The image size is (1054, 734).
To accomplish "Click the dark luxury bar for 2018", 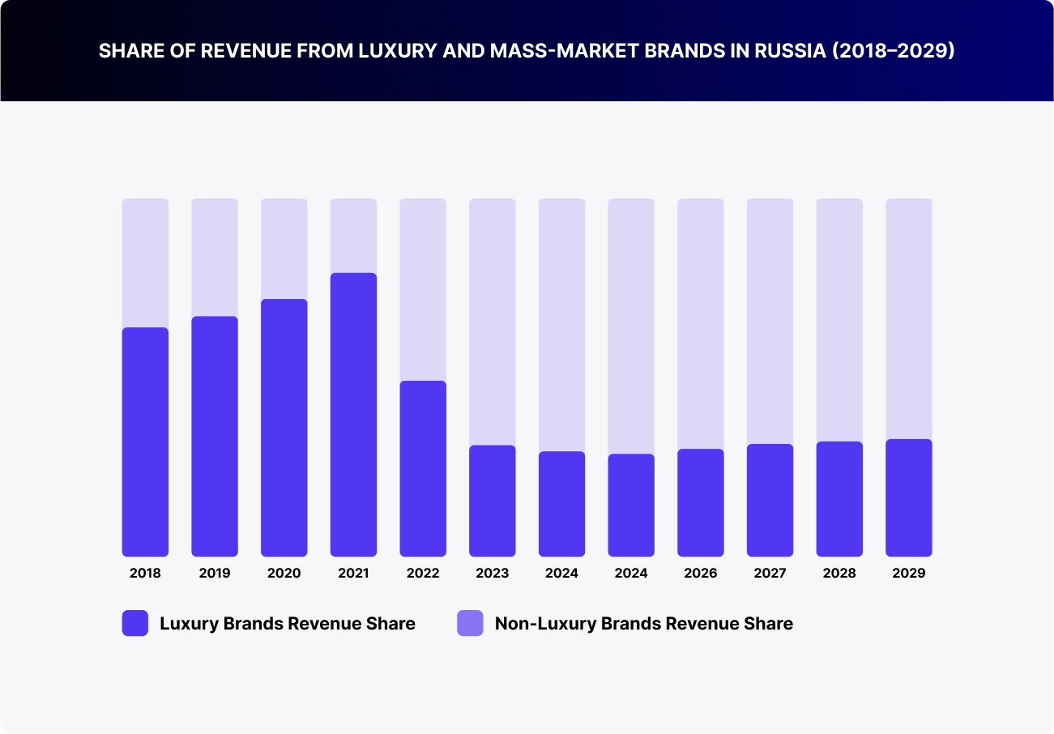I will point(145,442).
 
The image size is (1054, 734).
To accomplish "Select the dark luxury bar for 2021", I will point(353,415).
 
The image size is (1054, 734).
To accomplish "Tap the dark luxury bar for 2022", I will point(423,468).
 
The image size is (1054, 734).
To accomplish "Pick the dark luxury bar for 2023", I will point(492,501).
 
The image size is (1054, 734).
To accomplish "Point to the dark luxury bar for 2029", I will point(908,497).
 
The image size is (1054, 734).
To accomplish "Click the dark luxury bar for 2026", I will point(700,502).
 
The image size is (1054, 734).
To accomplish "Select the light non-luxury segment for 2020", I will point(284,249).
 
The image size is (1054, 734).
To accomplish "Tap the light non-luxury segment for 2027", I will point(770,321).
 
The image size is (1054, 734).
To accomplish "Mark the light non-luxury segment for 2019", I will point(215,257).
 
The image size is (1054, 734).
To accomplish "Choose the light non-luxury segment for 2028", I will point(839,320).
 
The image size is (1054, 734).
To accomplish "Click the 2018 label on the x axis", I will point(145,574).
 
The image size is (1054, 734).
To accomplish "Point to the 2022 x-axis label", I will point(423,574).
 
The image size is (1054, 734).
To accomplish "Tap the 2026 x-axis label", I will point(700,574).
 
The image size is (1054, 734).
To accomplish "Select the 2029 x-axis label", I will point(908,574).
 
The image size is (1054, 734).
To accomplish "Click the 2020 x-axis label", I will point(284,574).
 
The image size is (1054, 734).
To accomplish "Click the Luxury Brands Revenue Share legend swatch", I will point(135,623).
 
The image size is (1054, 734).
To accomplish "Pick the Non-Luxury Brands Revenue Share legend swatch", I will point(470,623).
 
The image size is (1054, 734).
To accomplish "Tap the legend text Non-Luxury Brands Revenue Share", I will point(643,624).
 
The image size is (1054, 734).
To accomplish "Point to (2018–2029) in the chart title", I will point(896,51).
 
